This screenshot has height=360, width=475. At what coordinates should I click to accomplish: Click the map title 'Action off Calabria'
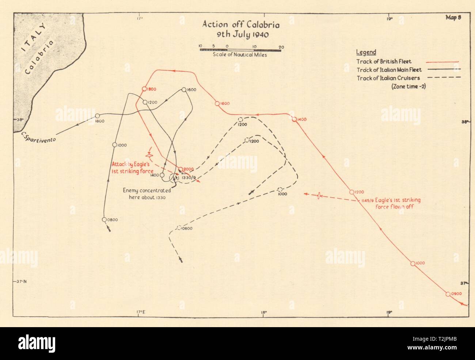click(x=241, y=25)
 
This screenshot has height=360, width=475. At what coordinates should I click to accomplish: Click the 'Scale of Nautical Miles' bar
click(x=240, y=50)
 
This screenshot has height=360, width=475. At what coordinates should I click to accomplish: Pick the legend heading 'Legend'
click(x=366, y=52)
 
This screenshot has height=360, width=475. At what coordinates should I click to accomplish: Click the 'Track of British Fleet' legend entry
click(x=384, y=61)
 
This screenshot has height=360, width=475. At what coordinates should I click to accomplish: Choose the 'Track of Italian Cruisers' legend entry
click(x=388, y=78)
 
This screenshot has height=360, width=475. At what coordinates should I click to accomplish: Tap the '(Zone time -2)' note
click(x=408, y=87)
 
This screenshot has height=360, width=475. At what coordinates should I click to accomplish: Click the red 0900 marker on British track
click(x=448, y=294)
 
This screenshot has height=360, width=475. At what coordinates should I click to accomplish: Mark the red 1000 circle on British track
click(x=413, y=263)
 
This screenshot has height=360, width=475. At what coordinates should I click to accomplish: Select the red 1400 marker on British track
click(x=294, y=119)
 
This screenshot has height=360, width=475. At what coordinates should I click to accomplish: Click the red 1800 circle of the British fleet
click(x=144, y=89)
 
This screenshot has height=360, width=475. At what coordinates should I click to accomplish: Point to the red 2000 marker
click(x=180, y=169)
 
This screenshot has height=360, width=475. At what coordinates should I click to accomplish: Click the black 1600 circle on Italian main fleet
click(x=184, y=90)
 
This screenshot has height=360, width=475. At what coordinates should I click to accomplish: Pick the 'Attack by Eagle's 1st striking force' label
click(x=132, y=168)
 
